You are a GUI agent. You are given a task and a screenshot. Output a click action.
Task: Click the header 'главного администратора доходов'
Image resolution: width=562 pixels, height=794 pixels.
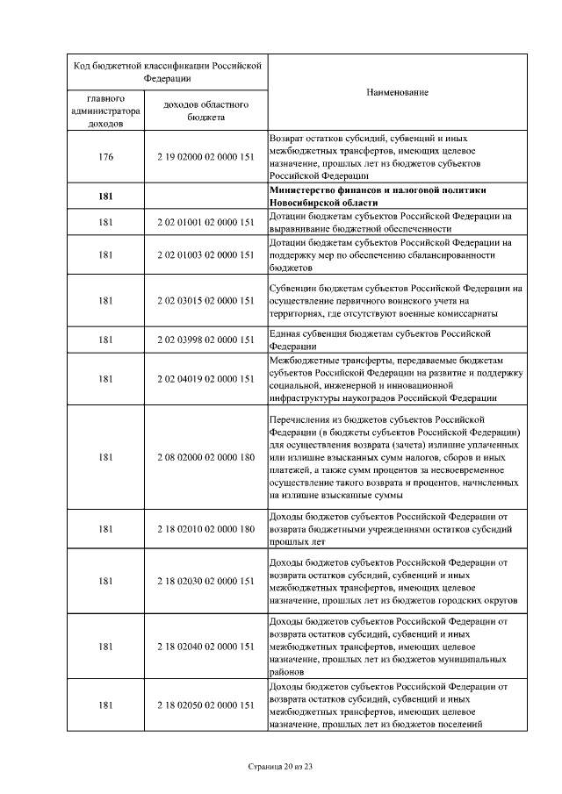point(105,111)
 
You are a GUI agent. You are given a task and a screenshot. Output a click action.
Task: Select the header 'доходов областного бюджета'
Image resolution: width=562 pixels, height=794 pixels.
point(206,111)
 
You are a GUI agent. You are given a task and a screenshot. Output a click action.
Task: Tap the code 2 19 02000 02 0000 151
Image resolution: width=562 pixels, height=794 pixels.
point(206,157)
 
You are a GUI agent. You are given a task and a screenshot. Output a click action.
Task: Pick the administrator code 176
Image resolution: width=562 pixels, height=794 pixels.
point(106,157)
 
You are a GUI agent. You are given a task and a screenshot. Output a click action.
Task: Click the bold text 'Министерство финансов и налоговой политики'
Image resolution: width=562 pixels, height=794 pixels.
point(378,190)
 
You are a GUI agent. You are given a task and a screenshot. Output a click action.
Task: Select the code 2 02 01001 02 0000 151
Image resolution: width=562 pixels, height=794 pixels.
point(206,222)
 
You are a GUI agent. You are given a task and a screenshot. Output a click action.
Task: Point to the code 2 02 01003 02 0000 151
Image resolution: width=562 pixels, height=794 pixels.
point(206,254)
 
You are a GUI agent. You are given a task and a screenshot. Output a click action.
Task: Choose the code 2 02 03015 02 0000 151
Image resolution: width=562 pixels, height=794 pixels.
point(206,300)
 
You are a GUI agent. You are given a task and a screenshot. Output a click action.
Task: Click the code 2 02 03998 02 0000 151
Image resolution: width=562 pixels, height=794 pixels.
point(206,340)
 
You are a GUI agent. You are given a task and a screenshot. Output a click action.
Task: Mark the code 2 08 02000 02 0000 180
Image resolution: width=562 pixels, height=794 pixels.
point(206,456)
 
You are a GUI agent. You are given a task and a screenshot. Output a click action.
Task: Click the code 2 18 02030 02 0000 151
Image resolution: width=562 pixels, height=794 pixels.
point(206,581)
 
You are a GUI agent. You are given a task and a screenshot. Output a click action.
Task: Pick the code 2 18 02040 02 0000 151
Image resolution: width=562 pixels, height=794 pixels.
point(206,646)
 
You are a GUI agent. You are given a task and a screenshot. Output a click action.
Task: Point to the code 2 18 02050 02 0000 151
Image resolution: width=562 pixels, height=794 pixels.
point(206,705)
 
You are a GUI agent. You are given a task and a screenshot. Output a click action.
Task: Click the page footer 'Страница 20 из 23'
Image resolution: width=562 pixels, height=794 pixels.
point(280,767)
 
